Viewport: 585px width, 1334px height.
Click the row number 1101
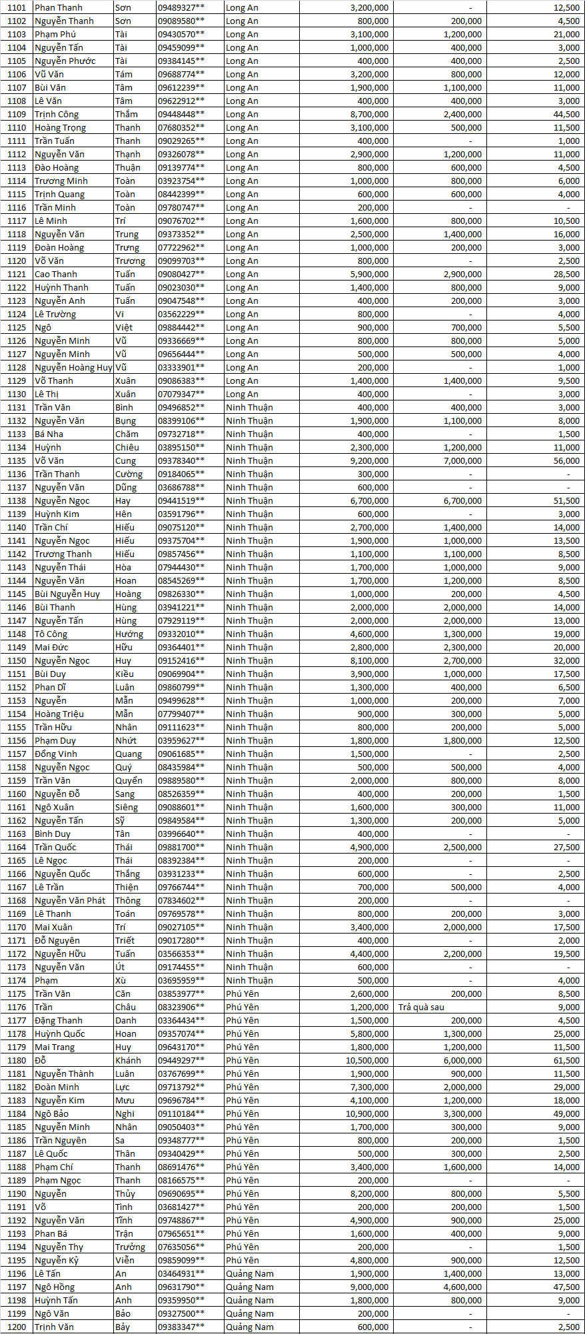(x=17, y=7)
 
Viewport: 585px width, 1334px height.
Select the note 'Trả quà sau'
(x=421, y=1007)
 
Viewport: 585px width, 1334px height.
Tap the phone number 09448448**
(x=181, y=114)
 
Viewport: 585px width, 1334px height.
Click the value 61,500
(x=566, y=1060)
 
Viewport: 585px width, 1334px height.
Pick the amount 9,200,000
(x=369, y=460)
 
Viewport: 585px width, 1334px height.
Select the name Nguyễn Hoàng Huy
(x=73, y=367)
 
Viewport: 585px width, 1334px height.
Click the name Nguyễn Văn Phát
(x=70, y=900)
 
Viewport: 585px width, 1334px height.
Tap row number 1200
(x=17, y=1327)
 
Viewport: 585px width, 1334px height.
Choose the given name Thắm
(x=127, y=114)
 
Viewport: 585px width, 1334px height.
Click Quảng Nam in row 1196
(x=250, y=1273)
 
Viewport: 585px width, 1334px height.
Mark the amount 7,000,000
(x=462, y=460)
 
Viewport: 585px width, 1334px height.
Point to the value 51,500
(x=566, y=500)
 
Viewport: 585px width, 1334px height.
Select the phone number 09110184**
(x=181, y=1113)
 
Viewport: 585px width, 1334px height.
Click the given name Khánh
(x=128, y=1060)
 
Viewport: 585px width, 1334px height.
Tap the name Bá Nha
(x=49, y=434)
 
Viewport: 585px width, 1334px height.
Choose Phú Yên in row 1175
(x=243, y=994)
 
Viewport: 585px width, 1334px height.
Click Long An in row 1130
(x=242, y=394)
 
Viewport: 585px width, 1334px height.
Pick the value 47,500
(x=566, y=1287)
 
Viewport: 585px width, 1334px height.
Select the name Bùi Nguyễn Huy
(x=67, y=594)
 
